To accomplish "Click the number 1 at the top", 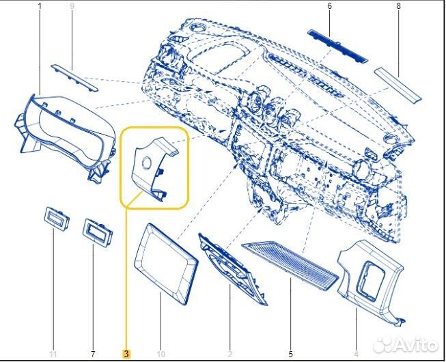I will (39, 7).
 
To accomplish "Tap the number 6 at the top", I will (329, 7).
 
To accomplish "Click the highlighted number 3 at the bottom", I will (126, 354).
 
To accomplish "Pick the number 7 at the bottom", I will (92, 354).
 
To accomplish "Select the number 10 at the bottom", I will (161, 354).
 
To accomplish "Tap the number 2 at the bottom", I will (229, 354).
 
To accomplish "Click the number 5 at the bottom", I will (290, 354).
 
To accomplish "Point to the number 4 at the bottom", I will (357, 354).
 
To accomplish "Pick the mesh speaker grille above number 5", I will (290, 263).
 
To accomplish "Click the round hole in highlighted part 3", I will (146, 162).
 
